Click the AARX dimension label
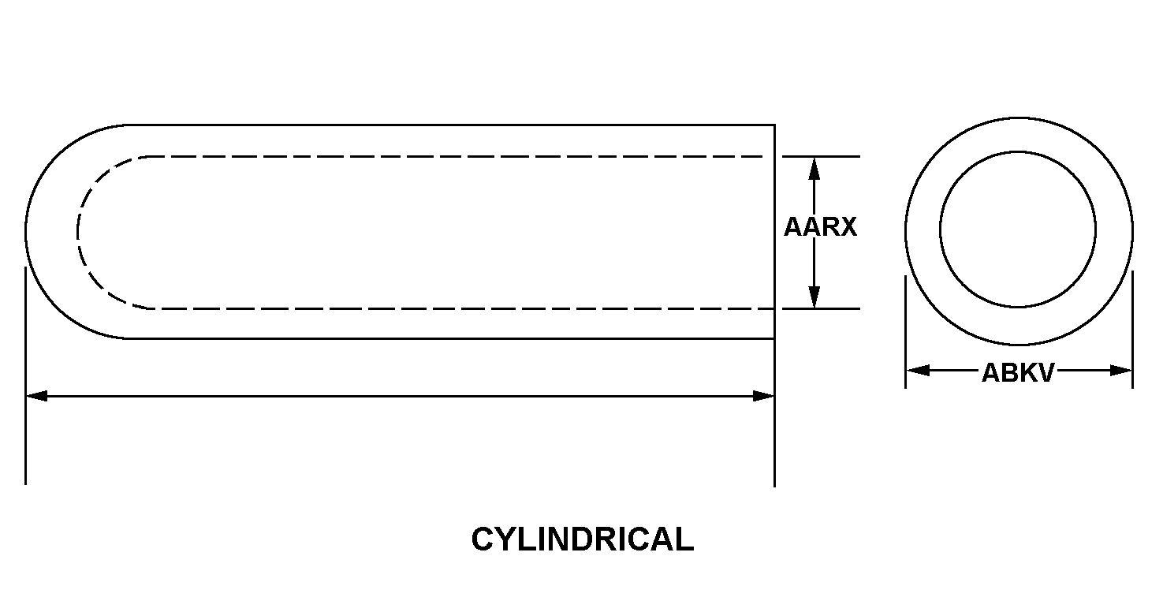(820, 227)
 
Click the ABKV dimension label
(1018, 372)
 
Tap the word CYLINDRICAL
(583, 539)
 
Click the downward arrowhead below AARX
(814, 297)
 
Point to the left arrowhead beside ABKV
(918, 371)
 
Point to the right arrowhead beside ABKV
(1120, 371)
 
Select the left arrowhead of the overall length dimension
(37, 396)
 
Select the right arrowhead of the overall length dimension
(763, 396)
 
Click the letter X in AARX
(848, 227)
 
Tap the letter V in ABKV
(1046, 372)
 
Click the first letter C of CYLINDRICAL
(482, 539)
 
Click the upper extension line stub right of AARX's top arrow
(822, 156)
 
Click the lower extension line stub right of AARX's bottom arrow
(822, 308)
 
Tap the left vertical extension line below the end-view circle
(905, 332)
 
